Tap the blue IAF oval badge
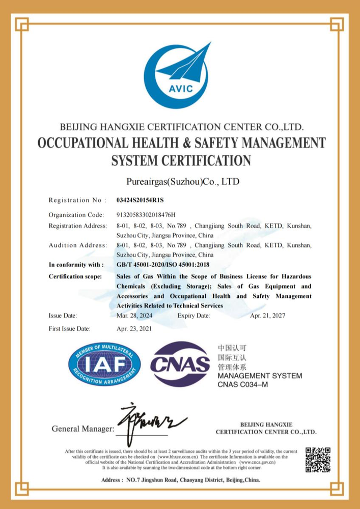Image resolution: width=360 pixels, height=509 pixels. coord(104,364)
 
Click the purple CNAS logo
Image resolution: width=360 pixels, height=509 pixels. coord(180,363)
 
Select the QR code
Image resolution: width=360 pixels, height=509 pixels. coord(318,460)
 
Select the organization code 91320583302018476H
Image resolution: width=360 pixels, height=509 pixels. coord(146,215)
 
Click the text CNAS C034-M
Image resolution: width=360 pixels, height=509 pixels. coord(242,384)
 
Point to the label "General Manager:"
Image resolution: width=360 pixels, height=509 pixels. coord(83,429)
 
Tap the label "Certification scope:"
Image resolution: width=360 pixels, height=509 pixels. coord(75,276)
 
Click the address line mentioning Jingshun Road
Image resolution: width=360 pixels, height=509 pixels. coord(181,480)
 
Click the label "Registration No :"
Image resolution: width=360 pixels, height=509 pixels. coord(77,200)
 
